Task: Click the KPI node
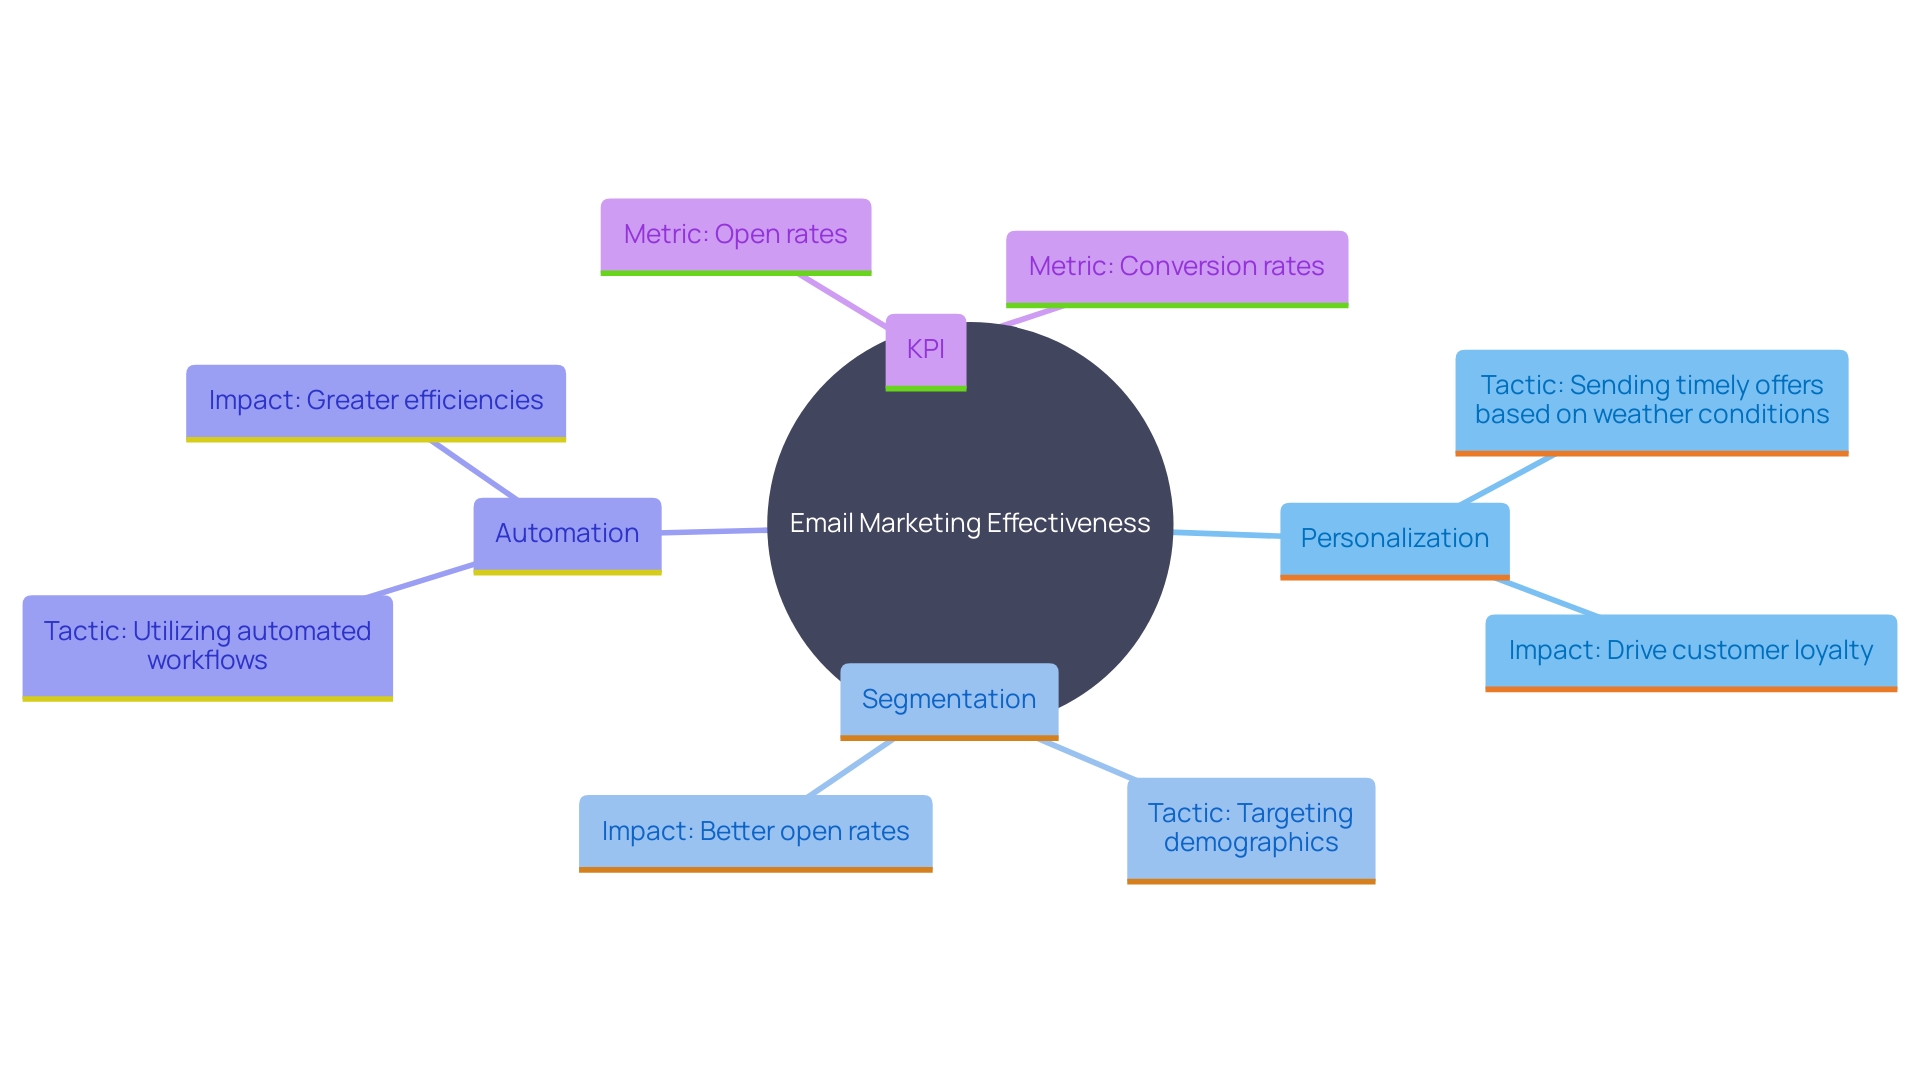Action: (x=925, y=350)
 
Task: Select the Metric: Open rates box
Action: (x=735, y=234)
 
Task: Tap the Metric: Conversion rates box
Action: (x=1176, y=266)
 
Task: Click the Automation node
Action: (x=567, y=533)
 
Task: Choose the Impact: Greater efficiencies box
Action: (x=375, y=400)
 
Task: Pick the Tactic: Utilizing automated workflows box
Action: (x=207, y=646)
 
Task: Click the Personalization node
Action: (x=1394, y=538)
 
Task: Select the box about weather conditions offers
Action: (x=1651, y=400)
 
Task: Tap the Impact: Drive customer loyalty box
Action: (x=1690, y=650)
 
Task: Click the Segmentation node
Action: (x=948, y=699)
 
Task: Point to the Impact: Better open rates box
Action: (x=755, y=831)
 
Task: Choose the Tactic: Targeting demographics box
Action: (x=1250, y=828)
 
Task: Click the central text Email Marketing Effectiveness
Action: (x=969, y=523)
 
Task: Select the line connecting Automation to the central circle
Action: (x=714, y=531)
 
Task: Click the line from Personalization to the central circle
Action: (x=1226, y=534)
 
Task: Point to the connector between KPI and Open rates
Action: (x=842, y=300)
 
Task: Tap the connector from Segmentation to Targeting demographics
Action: (x=1087, y=760)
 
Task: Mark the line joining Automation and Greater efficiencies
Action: (x=474, y=470)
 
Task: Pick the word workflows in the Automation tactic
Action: (x=207, y=661)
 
